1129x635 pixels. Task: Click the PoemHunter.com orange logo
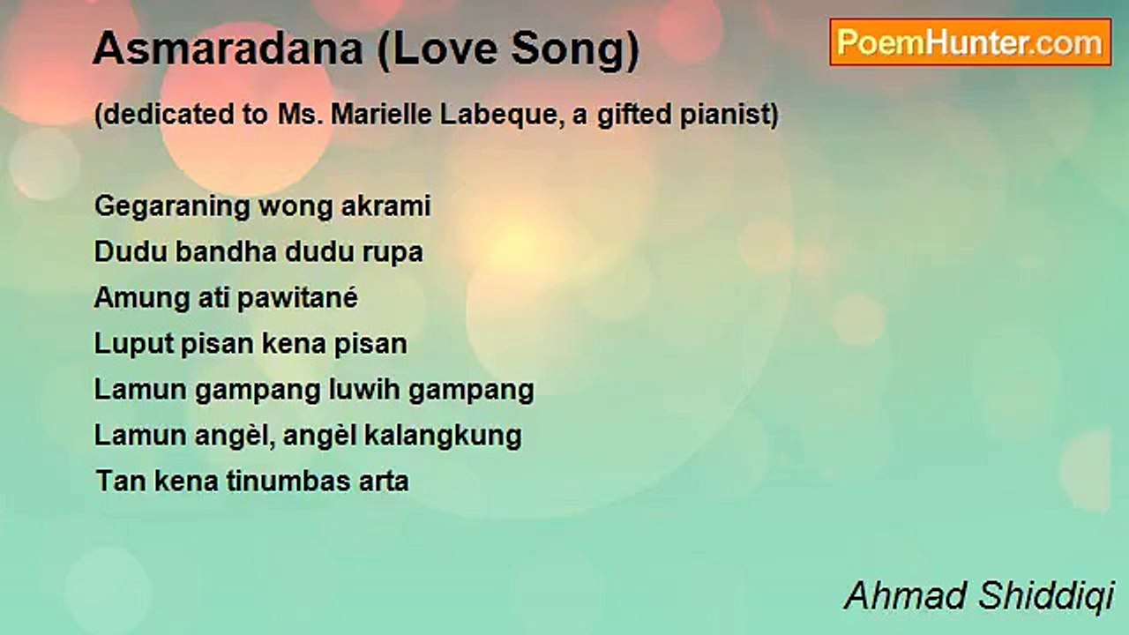(x=970, y=42)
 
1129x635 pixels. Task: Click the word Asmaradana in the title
(x=228, y=49)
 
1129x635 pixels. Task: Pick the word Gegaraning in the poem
(x=172, y=207)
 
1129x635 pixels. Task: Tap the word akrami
(x=386, y=206)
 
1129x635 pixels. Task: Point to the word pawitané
(x=297, y=298)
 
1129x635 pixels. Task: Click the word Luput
(x=133, y=345)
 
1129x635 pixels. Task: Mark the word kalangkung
(x=443, y=437)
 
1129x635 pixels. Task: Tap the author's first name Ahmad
(x=908, y=596)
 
